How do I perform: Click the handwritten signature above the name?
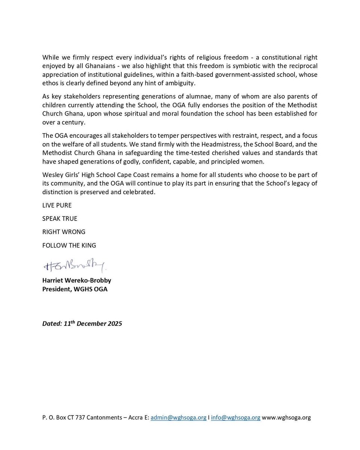point(75,266)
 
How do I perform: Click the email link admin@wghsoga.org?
point(178,417)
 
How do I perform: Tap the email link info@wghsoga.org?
point(235,417)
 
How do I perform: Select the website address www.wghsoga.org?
point(286,417)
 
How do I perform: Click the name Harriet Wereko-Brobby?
point(76,280)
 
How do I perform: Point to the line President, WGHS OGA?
point(75,289)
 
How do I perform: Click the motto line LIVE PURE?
point(57,205)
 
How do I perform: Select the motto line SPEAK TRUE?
point(60,219)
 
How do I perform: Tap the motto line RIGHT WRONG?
point(64,232)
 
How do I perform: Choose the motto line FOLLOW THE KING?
point(69,245)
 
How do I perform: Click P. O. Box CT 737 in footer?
point(63,417)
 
